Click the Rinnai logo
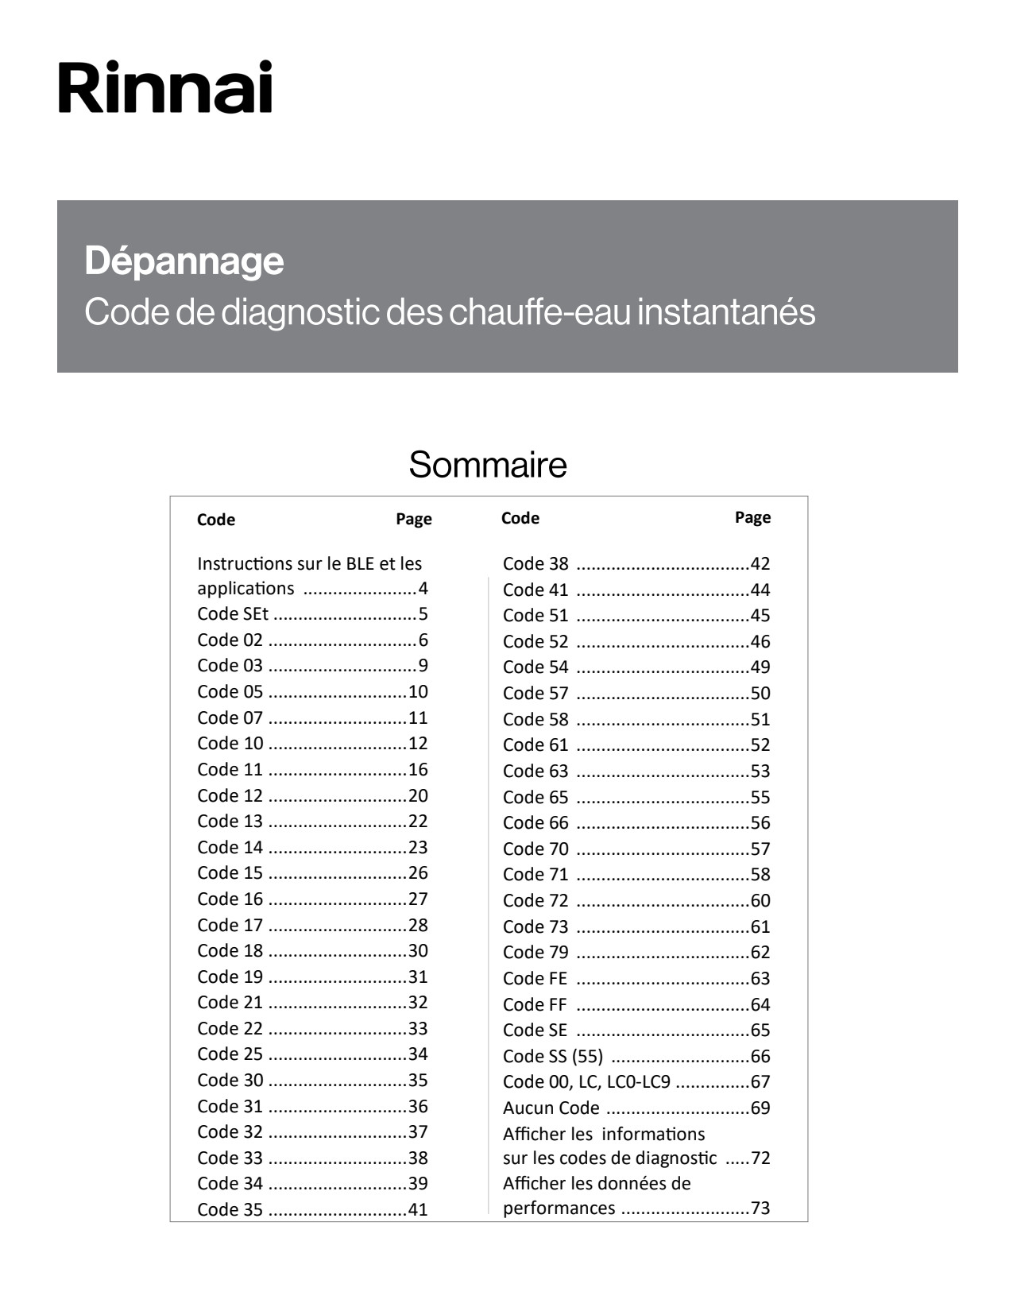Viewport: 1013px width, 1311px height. pyautogui.click(x=165, y=87)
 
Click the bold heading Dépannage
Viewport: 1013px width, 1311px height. pyautogui.click(x=184, y=261)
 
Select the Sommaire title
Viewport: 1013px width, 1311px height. pyautogui.click(x=488, y=465)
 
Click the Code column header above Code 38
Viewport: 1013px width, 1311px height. pyautogui.click(x=520, y=518)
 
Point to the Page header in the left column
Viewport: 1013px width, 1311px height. pyautogui.click(x=414, y=519)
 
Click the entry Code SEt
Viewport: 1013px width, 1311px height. pyautogui.click(x=233, y=613)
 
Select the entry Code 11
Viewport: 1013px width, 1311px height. pyautogui.click(x=230, y=769)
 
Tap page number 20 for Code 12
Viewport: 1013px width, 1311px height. pyautogui.click(x=418, y=795)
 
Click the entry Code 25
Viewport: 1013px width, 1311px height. pyautogui.click(x=230, y=1054)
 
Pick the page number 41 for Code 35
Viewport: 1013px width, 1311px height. pyautogui.click(x=418, y=1209)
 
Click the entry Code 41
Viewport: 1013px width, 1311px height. pyautogui.click(x=535, y=590)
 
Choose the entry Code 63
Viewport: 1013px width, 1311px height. pyautogui.click(x=535, y=771)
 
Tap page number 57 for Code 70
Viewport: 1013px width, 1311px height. pyautogui.click(x=760, y=849)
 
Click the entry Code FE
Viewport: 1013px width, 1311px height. pyautogui.click(x=535, y=978)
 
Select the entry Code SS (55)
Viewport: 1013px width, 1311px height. pyautogui.click(x=553, y=1056)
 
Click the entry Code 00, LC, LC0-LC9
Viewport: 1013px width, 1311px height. pyautogui.click(x=586, y=1081)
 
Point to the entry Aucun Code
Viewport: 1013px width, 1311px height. pyautogui.click(x=551, y=1108)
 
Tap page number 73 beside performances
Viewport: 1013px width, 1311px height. pyautogui.click(x=760, y=1208)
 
